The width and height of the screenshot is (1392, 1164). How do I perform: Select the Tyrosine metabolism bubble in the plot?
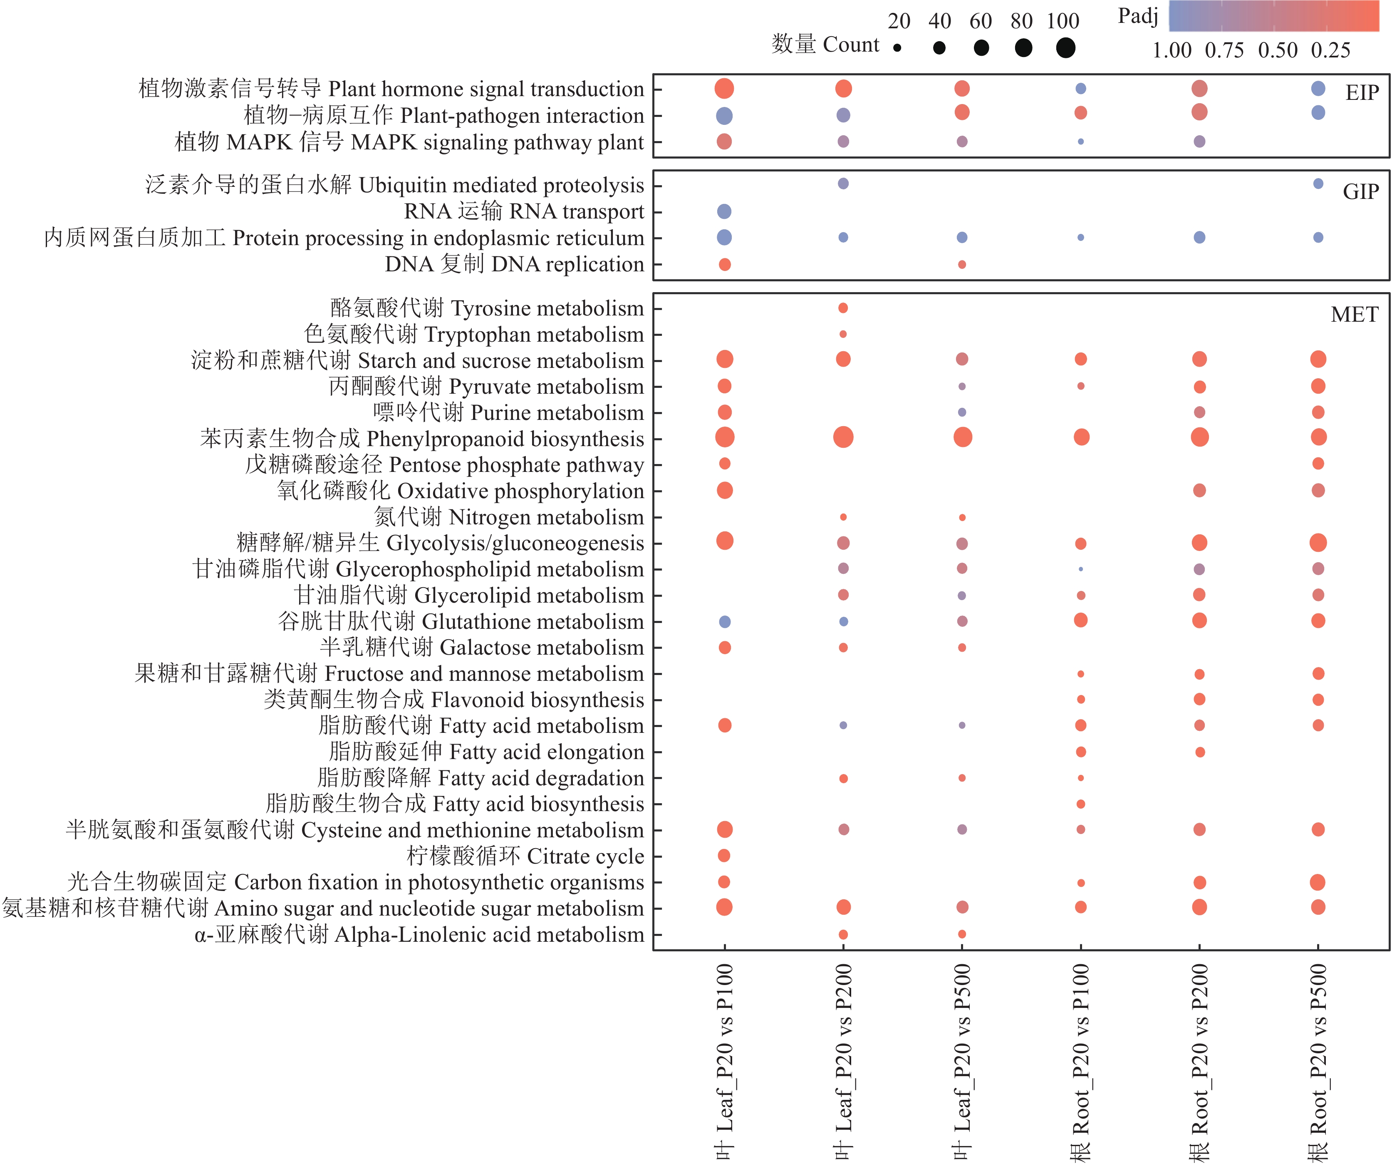[x=843, y=308]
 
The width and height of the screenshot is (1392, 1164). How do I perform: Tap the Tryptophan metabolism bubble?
[x=843, y=334]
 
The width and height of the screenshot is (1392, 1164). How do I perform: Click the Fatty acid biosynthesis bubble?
[x=1080, y=804]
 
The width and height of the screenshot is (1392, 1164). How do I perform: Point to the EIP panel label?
[x=1362, y=92]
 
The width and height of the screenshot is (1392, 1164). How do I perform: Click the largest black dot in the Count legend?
[x=1065, y=48]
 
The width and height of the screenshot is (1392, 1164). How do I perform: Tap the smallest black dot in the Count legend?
[x=897, y=48]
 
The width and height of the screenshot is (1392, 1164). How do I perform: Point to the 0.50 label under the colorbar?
[x=1277, y=50]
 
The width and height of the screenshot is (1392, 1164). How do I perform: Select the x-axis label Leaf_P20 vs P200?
[x=843, y=1061]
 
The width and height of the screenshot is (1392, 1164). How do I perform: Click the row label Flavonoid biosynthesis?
[x=454, y=700]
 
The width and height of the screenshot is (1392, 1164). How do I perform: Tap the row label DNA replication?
[x=514, y=264]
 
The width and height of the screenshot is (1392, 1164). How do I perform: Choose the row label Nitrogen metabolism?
[x=509, y=517]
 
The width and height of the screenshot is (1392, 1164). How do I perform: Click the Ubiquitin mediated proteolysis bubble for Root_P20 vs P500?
[x=1318, y=184]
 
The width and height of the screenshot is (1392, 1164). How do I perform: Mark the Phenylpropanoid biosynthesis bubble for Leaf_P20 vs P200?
[x=843, y=437]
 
